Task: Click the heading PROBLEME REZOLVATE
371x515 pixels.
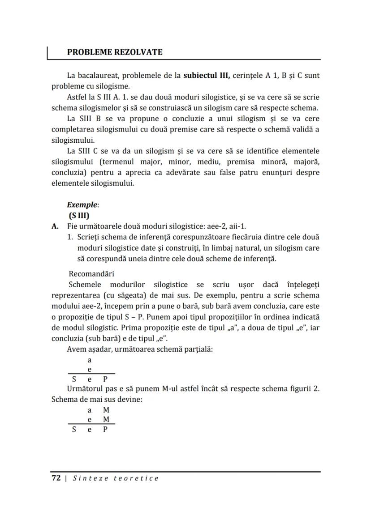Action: (x=115, y=52)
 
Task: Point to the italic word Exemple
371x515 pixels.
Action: (x=82, y=205)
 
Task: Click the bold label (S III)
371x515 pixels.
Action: (x=79, y=215)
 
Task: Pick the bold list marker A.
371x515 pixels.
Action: (x=55, y=226)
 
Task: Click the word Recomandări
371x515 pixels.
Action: (x=91, y=273)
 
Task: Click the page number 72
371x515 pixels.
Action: (x=56, y=478)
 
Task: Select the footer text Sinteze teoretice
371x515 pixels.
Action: (x=116, y=478)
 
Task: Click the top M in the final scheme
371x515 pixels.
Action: (x=106, y=410)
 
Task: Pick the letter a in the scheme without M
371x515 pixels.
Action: (x=89, y=359)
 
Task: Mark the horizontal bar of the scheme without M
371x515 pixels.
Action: (x=91, y=374)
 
